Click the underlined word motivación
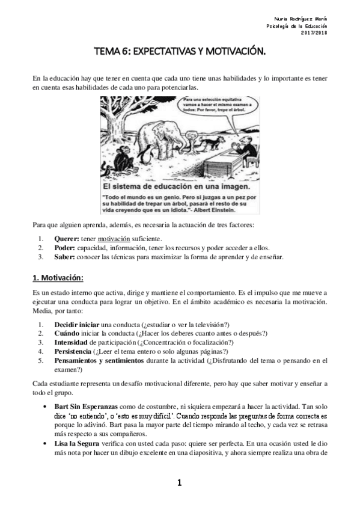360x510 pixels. tap(114, 239)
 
